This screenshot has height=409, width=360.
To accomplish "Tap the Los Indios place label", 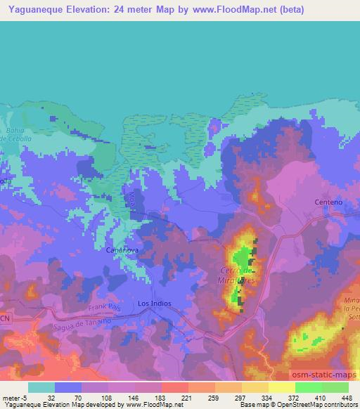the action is [x=155, y=303].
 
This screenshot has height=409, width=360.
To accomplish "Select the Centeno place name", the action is [x=328, y=202].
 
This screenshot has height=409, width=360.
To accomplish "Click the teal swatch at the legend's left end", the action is [x=41, y=387].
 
